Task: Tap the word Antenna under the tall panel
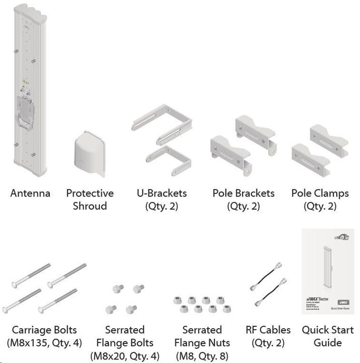pos(30,194)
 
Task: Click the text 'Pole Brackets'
pos(244,194)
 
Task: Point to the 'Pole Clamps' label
pos(320,194)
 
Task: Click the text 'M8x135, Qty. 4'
pos(44,343)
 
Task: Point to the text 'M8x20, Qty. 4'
pos(124,356)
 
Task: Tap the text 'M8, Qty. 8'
pos(202,356)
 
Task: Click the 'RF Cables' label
pos(268,330)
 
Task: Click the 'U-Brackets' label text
pos(162,194)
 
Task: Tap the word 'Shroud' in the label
pos(90,206)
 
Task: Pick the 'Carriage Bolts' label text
pos(44,330)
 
